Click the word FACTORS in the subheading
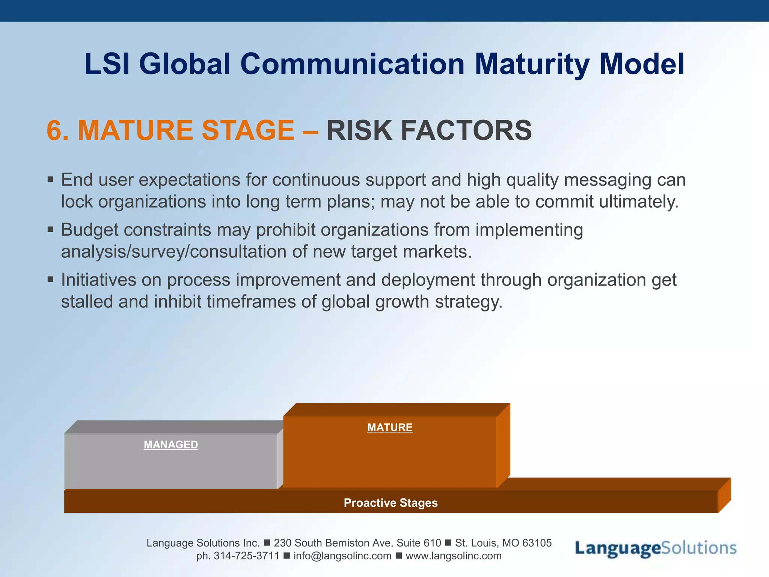click(x=466, y=131)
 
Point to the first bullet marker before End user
click(x=51, y=180)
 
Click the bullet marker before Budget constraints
click(x=51, y=230)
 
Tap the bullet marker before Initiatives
click(x=51, y=279)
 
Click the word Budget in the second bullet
click(x=89, y=230)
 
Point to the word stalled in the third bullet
click(x=87, y=302)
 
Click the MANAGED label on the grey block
click(x=171, y=445)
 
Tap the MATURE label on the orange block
click(x=390, y=427)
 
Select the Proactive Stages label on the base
click(x=391, y=503)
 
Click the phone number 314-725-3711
click(x=246, y=556)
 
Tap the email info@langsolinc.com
click(x=342, y=556)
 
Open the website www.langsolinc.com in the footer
click(x=453, y=556)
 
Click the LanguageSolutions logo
click(x=655, y=548)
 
